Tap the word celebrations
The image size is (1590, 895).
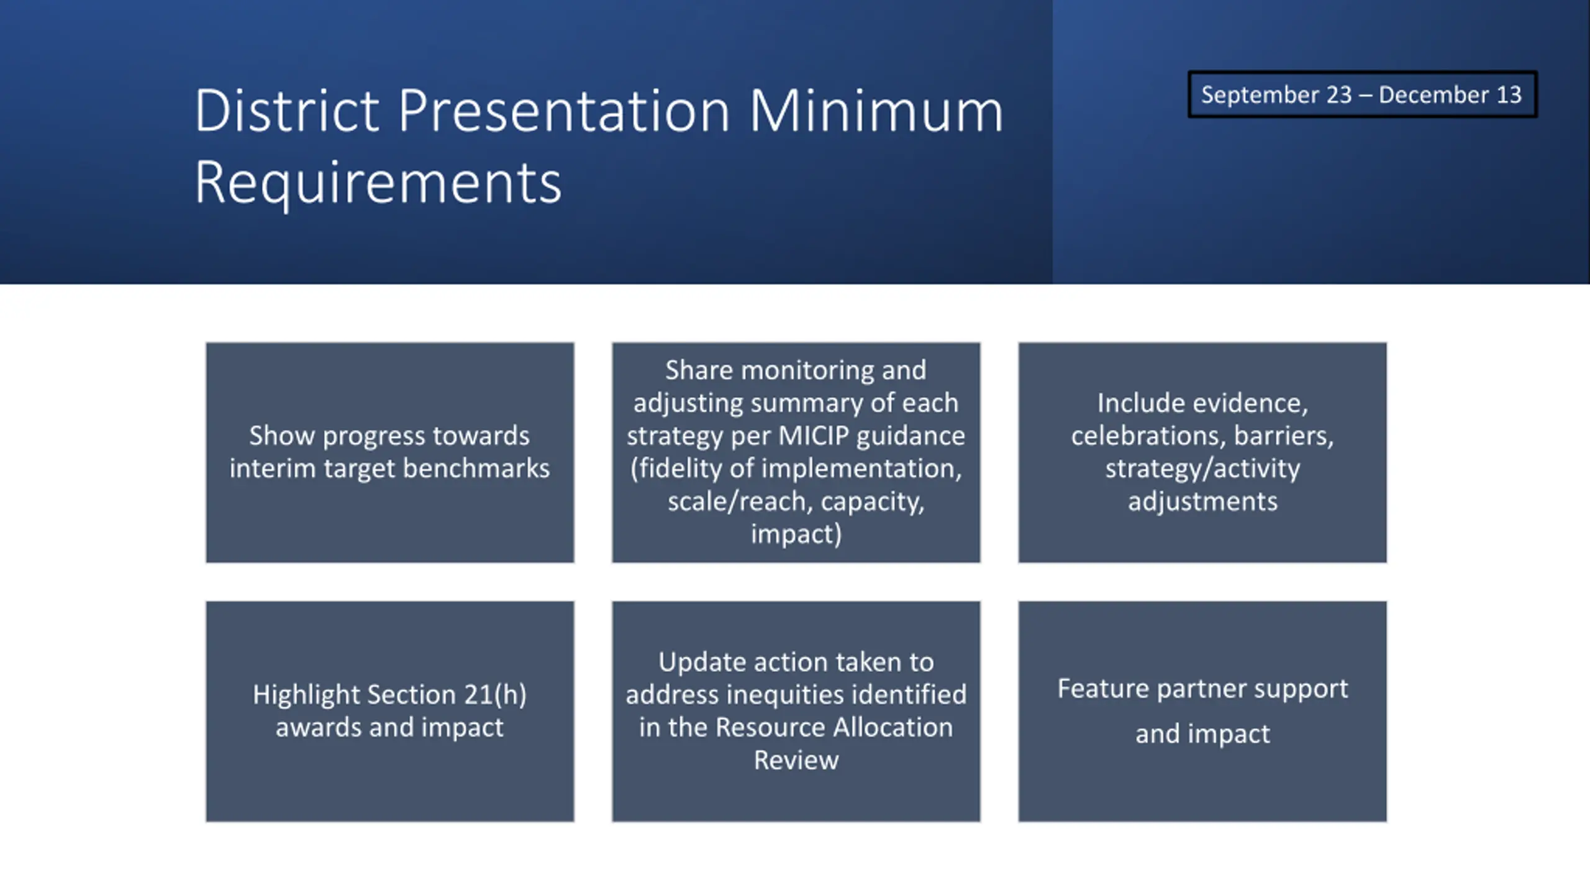pos(1148,436)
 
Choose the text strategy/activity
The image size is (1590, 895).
pos(1202,469)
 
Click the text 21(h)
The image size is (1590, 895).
pos(495,695)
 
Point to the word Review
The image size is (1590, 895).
pos(796,760)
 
